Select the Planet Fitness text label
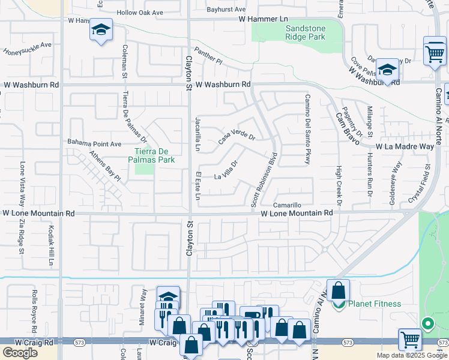[376, 304]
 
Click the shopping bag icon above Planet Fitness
[338, 291]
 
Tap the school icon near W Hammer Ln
[101, 30]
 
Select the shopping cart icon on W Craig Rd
[411, 340]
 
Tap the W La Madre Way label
[405, 146]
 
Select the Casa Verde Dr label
[237, 138]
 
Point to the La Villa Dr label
[228, 170]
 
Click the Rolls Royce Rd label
[34, 313]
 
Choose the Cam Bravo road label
[347, 128]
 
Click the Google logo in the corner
[20, 353]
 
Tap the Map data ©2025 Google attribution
[411, 355]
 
